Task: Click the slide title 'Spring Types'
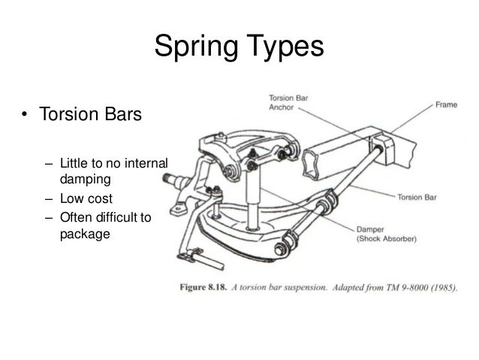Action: click(238, 47)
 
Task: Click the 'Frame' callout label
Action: click(447, 107)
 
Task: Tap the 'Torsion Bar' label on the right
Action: click(416, 198)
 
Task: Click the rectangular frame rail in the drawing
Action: click(342, 159)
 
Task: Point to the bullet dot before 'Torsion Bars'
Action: click(25, 117)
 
